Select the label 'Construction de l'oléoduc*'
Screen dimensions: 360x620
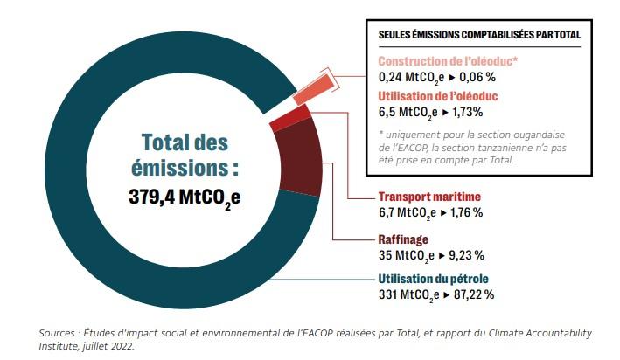(448, 61)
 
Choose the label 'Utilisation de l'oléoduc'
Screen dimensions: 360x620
(440, 95)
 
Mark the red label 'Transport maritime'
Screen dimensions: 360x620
(429, 197)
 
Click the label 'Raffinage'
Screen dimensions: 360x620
(405, 239)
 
